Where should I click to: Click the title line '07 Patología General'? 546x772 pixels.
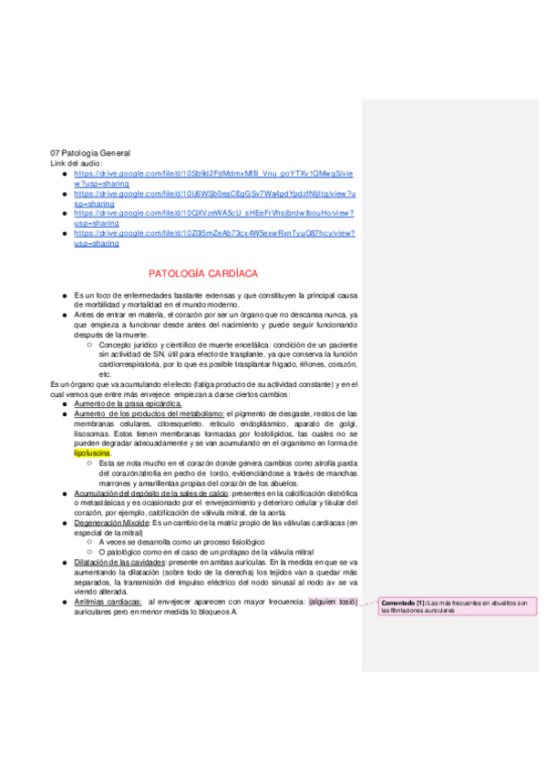89,153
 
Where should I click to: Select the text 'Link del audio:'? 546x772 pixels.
77,162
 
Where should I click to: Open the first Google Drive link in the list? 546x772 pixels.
214,173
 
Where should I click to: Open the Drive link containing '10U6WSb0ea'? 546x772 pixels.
214,193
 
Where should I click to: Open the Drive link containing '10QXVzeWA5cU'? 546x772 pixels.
214,213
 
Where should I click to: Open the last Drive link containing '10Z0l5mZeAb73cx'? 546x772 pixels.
214,233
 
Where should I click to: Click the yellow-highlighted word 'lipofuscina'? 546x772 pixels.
92,452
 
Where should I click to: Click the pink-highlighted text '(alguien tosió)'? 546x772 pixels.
334,602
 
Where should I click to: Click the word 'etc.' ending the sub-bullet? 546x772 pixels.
105,374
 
